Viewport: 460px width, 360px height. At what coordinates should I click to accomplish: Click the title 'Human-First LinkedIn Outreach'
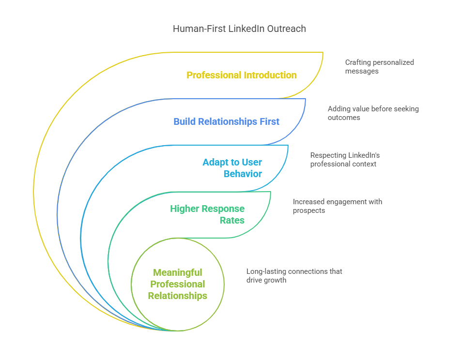(x=239, y=29)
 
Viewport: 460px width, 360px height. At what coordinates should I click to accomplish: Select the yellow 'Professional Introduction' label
(x=242, y=75)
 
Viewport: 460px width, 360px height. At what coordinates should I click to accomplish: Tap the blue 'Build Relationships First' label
(x=226, y=121)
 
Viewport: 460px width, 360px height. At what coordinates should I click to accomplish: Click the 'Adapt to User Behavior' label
(x=232, y=168)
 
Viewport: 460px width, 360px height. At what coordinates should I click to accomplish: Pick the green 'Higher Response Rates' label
(x=207, y=214)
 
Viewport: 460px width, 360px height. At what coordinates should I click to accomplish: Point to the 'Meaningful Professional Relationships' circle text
(x=177, y=284)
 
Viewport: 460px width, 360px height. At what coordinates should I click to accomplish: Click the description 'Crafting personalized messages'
(x=379, y=67)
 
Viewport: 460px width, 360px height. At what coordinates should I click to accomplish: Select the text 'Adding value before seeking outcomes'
(x=373, y=113)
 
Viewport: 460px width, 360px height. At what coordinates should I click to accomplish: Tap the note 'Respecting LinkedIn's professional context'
(x=345, y=160)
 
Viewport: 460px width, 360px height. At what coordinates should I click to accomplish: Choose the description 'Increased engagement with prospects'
(x=337, y=206)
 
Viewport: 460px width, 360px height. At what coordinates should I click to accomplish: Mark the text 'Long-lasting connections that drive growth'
(x=294, y=275)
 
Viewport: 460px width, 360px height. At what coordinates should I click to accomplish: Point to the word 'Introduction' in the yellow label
(x=271, y=75)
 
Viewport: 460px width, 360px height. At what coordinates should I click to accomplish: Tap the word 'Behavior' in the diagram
(x=243, y=174)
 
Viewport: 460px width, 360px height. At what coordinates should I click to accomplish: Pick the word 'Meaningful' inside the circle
(x=177, y=272)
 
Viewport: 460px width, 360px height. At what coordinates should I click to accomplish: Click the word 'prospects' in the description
(x=309, y=210)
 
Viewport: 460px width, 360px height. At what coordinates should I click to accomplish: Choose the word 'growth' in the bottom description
(x=275, y=280)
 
